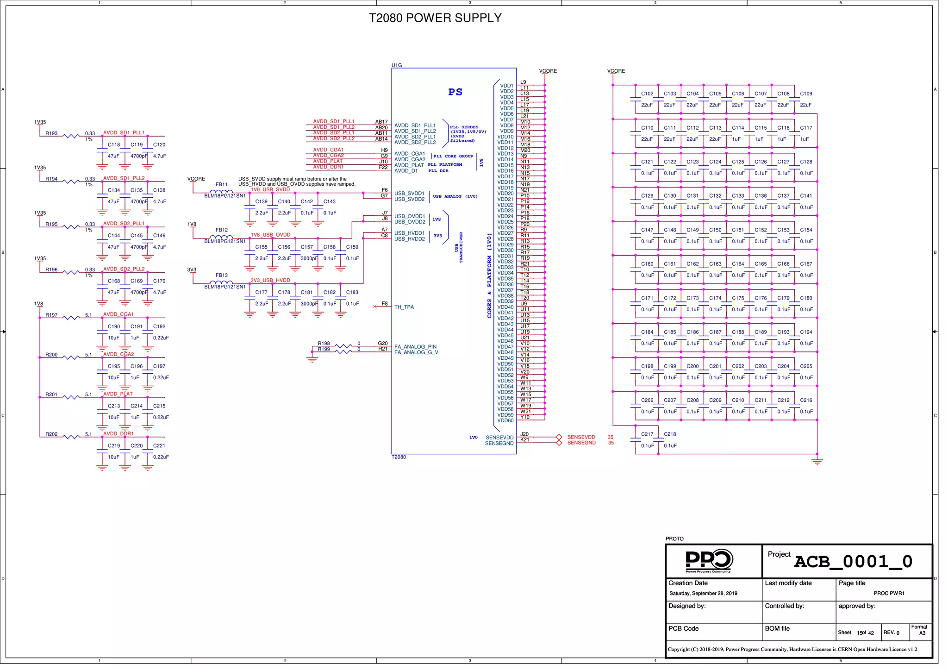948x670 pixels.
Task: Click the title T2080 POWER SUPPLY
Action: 435,18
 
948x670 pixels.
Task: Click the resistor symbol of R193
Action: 71,136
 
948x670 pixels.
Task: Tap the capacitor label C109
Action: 806,94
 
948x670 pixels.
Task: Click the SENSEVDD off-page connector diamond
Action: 559,437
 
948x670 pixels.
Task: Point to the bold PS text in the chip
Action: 455,92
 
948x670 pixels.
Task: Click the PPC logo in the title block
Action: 709,560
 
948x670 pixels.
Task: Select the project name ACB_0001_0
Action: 853,562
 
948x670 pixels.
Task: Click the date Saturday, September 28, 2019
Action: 703,594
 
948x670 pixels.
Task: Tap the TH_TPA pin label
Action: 404,307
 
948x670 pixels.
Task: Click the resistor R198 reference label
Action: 324,344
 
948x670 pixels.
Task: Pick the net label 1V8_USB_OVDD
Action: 270,235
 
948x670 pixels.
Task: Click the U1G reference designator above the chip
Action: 397,65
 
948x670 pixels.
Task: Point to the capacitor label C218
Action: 669,434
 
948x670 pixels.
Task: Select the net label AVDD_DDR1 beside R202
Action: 118,434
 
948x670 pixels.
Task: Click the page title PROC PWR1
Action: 889,594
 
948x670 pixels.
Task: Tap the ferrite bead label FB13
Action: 221,275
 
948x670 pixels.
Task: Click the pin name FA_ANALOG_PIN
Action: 415,347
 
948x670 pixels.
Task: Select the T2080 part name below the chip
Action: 399,457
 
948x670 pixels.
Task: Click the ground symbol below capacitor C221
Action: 148,468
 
